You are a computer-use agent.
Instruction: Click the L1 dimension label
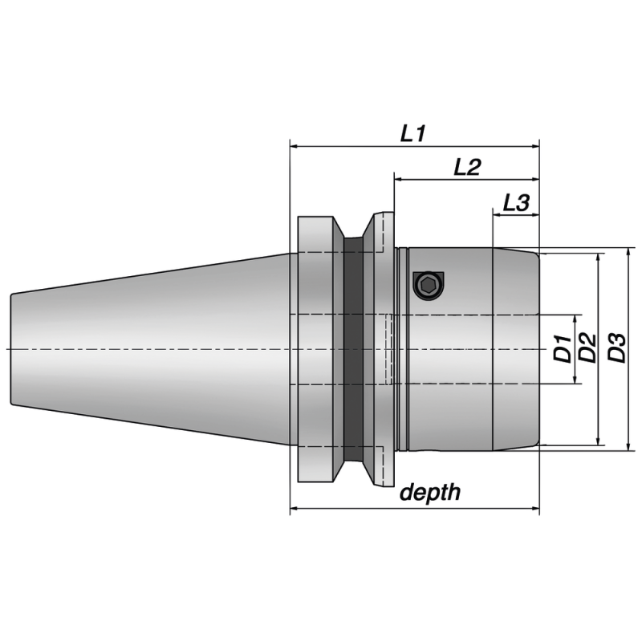412,134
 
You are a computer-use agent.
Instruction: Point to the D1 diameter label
564,349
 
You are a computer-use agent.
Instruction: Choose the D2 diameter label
587,349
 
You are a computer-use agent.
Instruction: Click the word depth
431,492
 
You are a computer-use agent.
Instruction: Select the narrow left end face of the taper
11,349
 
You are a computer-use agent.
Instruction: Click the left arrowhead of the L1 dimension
295,147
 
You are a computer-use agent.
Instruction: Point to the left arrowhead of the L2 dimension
398,180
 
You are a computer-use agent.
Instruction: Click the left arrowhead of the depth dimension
295,508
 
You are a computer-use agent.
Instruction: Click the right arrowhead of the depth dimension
534,508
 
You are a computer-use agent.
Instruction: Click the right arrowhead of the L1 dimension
534,147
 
